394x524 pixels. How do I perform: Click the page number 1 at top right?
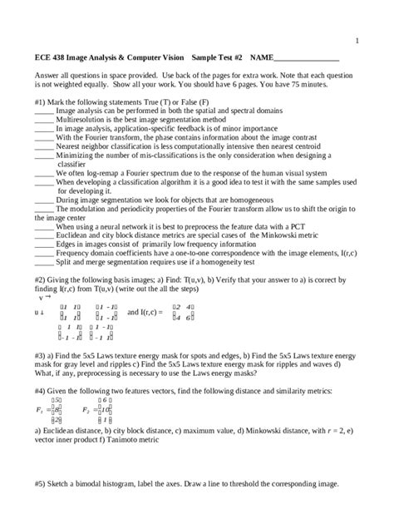(x=356, y=39)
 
